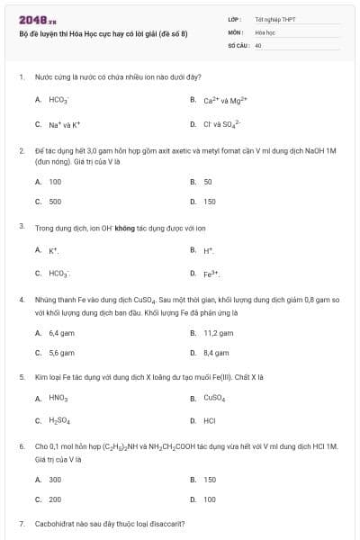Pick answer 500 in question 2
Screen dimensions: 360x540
tap(55, 202)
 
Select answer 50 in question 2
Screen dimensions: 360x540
tap(208, 182)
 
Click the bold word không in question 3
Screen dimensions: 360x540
tap(124, 229)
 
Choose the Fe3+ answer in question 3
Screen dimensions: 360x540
tap(211, 272)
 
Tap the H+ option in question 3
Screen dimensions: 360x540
tap(208, 250)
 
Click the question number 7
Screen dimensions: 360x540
tap(22, 523)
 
